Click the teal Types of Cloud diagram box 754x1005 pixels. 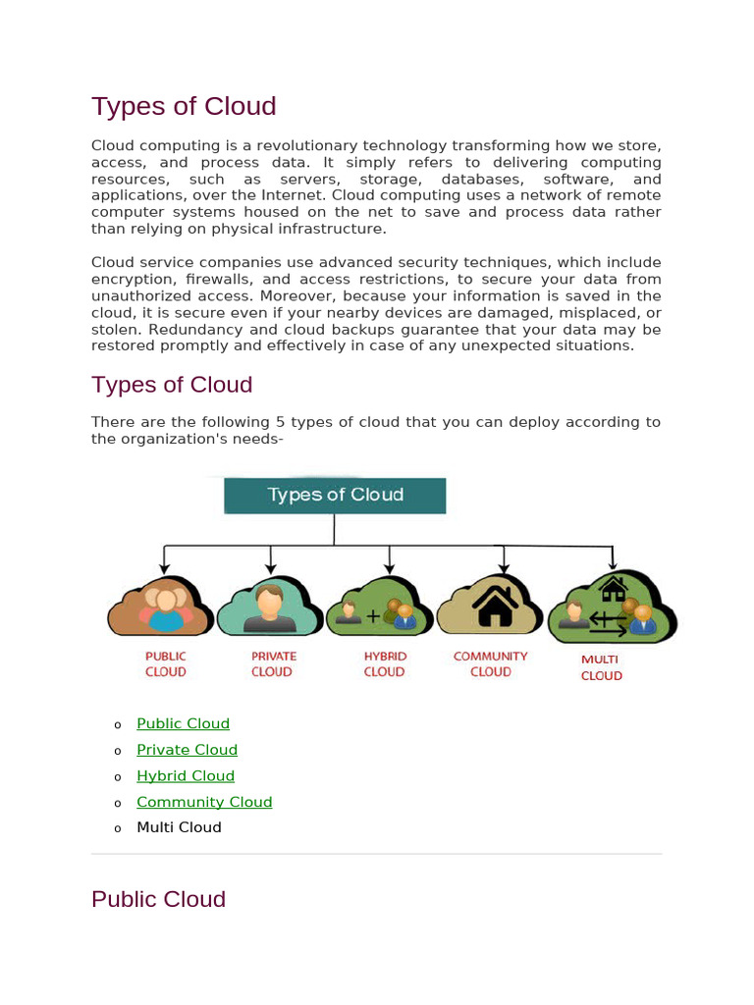335,496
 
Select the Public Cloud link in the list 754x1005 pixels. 183,723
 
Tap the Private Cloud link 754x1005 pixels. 187,750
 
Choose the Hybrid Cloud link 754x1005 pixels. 186,775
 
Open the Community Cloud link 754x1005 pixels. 204,802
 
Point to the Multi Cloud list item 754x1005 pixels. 179,827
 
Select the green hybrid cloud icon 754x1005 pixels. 379,608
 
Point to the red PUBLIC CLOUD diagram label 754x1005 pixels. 165,664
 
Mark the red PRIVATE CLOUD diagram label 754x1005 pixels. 273,664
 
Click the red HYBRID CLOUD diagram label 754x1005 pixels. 384,664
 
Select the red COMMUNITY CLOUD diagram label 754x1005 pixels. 490,664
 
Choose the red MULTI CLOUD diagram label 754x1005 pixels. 601,668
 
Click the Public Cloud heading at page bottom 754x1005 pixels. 158,899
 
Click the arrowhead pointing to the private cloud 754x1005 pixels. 271,568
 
